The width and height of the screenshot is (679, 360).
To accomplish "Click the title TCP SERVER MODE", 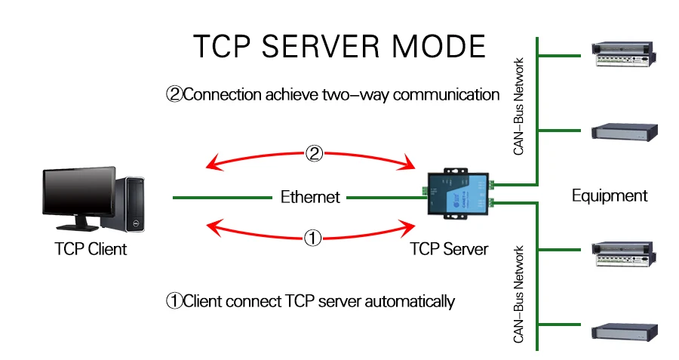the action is [339, 46].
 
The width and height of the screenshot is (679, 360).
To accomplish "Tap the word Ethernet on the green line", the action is [310, 197].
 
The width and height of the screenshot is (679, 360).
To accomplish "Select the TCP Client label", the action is [91, 249].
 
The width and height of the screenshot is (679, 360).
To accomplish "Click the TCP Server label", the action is [449, 249].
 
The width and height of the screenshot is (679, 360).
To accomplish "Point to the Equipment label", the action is [610, 195].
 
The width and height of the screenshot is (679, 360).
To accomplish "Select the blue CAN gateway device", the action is [459, 194].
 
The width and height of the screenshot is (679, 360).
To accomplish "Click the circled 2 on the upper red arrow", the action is [314, 153].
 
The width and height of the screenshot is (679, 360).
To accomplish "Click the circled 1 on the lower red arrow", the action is [312, 238].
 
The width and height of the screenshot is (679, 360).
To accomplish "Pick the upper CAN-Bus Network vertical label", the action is [518, 106].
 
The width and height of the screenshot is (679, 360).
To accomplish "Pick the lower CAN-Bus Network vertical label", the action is [518, 294].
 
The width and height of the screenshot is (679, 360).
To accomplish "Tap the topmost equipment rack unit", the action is [624, 54].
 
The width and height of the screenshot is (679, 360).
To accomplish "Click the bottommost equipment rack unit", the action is [625, 331].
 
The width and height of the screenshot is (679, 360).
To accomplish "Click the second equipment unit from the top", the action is [625, 131].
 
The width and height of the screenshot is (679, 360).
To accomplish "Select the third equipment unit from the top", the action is [624, 254].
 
